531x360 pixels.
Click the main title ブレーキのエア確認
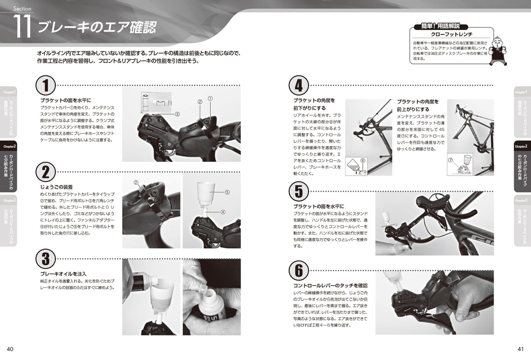pyautogui.click(x=96, y=27)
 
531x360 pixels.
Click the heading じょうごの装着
pyautogui.click(x=56, y=187)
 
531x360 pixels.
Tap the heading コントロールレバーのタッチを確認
pyautogui.click(x=330, y=286)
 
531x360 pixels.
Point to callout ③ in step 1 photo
pyautogui.click(x=177, y=114)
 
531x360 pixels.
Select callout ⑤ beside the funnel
pyautogui.click(x=227, y=192)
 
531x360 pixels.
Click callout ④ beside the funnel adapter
pyautogui.click(x=223, y=212)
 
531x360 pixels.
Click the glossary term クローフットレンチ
pyautogui.click(x=451, y=34)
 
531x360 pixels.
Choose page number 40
pyautogui.click(x=10, y=349)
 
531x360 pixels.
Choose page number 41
pyautogui.click(x=520, y=349)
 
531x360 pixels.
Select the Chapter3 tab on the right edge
pyautogui.click(x=522, y=221)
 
